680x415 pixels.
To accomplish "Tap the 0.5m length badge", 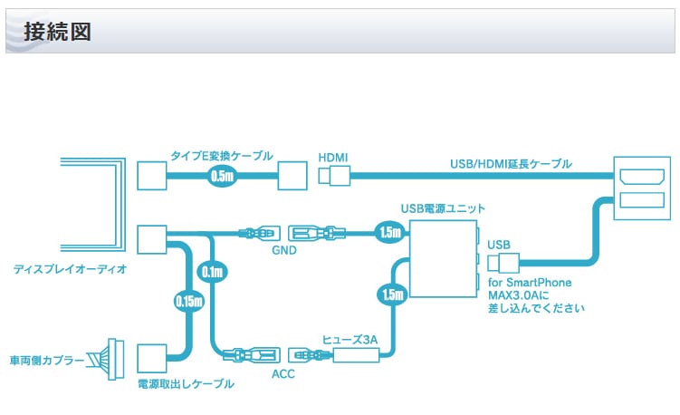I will [x=222, y=176].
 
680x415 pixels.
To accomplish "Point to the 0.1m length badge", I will [x=213, y=271].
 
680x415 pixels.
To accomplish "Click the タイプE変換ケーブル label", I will [x=221, y=156].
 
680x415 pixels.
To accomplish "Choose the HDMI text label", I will [x=333, y=157].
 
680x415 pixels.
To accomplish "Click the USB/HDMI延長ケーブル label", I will [x=511, y=164].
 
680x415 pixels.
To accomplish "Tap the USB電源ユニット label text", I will [x=440, y=209].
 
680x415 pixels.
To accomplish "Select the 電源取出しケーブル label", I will [x=186, y=383].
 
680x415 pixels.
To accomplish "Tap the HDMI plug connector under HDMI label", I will [x=334, y=177].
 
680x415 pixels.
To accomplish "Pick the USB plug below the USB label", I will [x=502, y=263].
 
